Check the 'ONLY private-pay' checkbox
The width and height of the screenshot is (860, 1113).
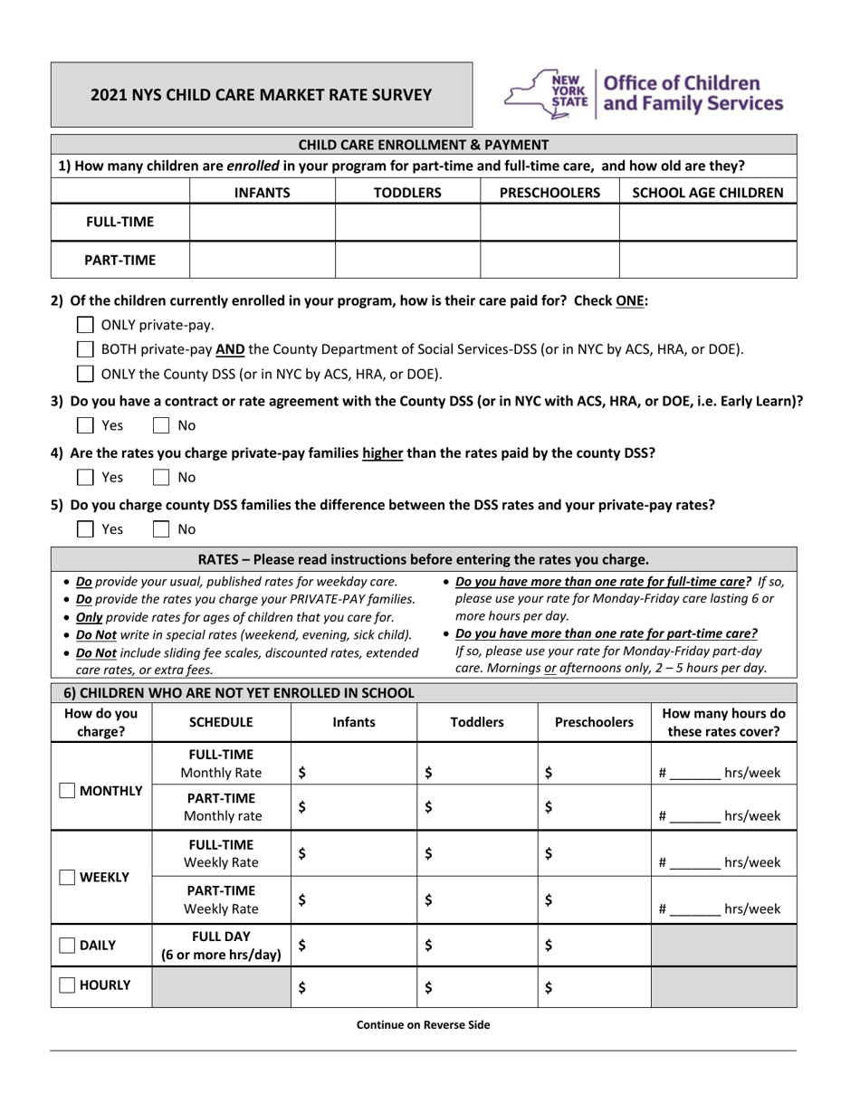click(85, 325)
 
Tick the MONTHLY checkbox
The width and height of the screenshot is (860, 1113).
click(67, 791)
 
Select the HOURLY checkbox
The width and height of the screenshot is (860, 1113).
click(67, 985)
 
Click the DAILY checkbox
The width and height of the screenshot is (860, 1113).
click(67, 945)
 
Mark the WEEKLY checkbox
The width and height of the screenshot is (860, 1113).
click(67, 877)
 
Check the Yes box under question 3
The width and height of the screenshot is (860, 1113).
click(85, 425)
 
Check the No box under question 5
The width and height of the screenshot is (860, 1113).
click(161, 528)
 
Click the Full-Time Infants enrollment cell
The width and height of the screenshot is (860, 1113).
click(262, 223)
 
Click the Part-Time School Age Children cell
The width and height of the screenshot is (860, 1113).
click(707, 260)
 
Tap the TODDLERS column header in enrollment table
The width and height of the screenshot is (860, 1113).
click(407, 192)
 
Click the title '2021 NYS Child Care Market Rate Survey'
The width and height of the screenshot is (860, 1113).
click(261, 95)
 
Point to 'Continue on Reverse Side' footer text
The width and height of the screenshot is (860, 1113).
click(423, 1025)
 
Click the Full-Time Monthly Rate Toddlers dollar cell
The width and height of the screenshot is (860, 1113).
click(477, 773)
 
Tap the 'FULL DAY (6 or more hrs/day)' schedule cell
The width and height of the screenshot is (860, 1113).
click(221, 945)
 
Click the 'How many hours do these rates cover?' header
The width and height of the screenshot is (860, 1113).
click(723, 722)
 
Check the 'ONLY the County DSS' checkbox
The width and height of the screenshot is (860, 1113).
click(85, 373)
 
